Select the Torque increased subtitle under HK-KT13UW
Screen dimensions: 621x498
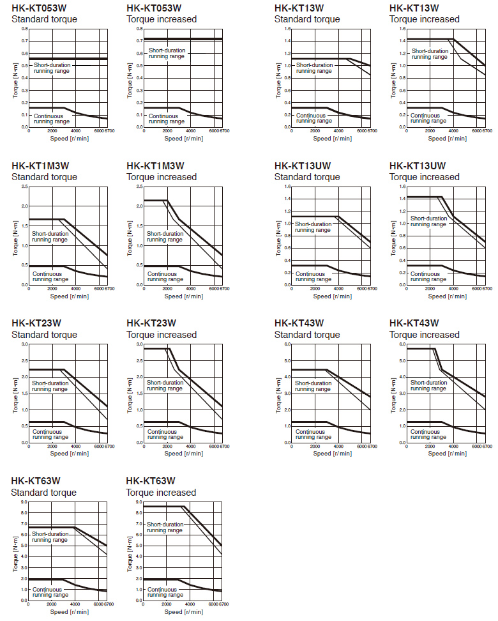424,177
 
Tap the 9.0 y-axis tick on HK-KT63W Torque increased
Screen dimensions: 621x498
139,502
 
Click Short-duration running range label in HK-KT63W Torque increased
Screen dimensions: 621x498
165,527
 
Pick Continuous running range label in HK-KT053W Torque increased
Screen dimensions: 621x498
165,118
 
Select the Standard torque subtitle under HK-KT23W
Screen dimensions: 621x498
44,335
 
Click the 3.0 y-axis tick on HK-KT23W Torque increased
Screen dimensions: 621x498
139,344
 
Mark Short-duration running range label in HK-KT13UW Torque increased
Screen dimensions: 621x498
428,221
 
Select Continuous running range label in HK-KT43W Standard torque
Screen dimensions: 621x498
313,434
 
